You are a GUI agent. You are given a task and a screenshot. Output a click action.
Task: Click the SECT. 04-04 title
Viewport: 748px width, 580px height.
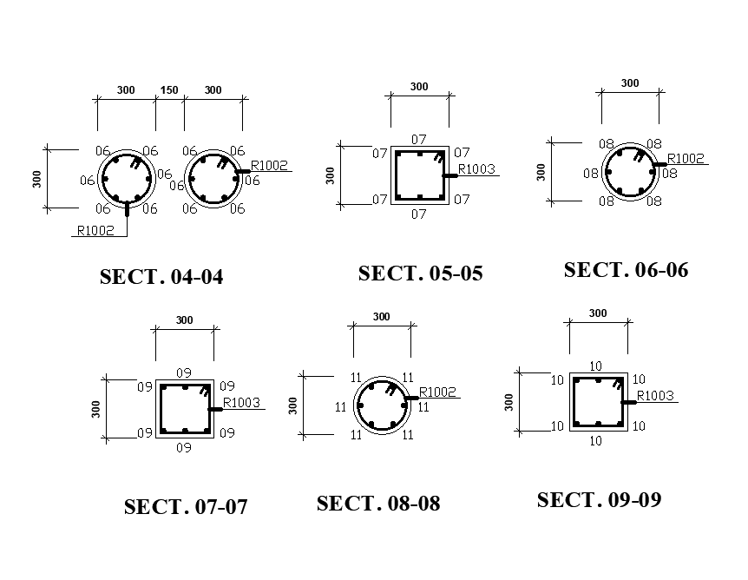click(x=161, y=277)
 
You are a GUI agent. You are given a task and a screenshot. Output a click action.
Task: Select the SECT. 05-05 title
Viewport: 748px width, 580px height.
click(x=420, y=274)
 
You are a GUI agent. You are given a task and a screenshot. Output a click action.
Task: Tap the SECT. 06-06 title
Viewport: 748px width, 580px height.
click(x=626, y=270)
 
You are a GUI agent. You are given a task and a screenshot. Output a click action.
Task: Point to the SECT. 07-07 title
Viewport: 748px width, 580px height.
click(x=186, y=507)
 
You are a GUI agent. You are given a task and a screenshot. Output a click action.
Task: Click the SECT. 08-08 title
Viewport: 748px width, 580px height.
click(x=378, y=504)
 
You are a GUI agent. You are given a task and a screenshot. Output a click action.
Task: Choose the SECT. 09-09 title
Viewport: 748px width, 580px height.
click(x=599, y=500)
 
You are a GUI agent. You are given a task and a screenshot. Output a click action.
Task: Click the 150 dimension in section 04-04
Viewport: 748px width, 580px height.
click(x=169, y=90)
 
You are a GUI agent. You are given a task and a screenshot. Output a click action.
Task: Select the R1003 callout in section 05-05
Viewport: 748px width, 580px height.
click(x=476, y=169)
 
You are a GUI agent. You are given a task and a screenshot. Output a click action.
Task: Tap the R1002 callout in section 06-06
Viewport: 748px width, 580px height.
click(x=686, y=158)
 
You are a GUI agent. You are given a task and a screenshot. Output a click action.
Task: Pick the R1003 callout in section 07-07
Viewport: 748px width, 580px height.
click(x=241, y=402)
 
